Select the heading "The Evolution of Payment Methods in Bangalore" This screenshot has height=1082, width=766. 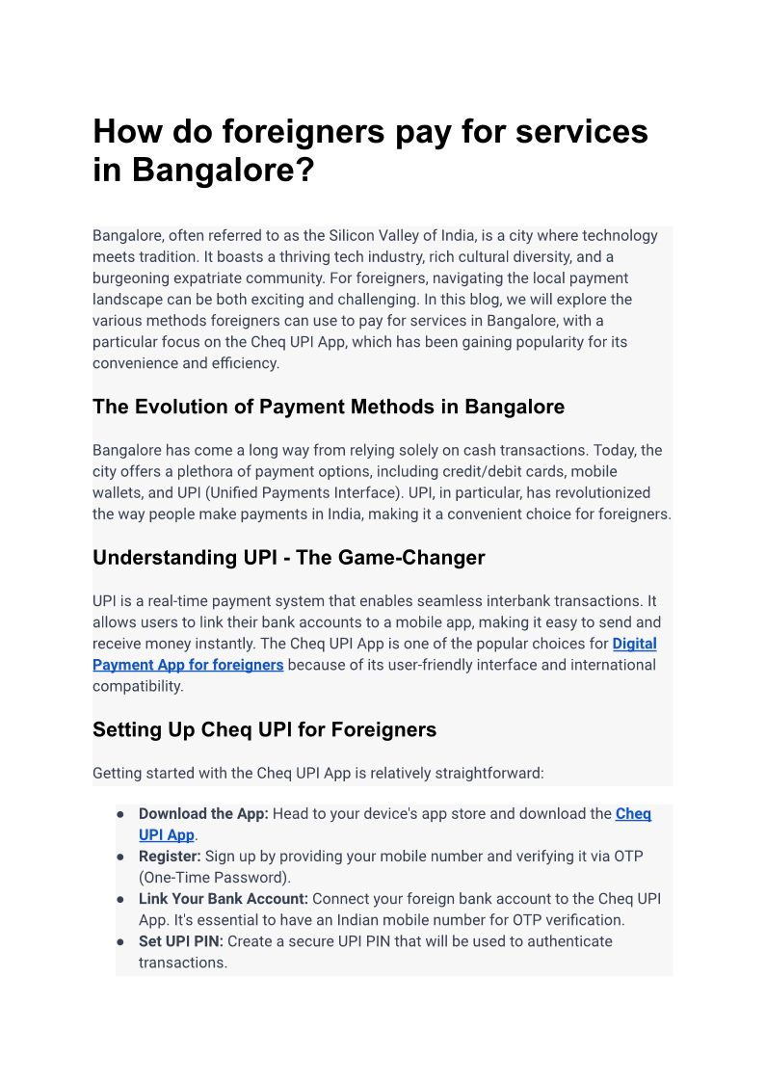point(329,407)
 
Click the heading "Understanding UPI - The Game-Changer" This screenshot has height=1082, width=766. point(288,557)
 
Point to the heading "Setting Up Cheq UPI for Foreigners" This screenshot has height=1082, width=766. point(264,729)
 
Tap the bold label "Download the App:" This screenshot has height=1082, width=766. point(203,814)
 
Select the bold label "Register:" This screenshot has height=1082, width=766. point(170,857)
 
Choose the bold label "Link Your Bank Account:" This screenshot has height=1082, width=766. point(224,899)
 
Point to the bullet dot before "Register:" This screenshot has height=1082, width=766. point(121,857)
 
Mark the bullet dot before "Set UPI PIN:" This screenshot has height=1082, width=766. point(121,941)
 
